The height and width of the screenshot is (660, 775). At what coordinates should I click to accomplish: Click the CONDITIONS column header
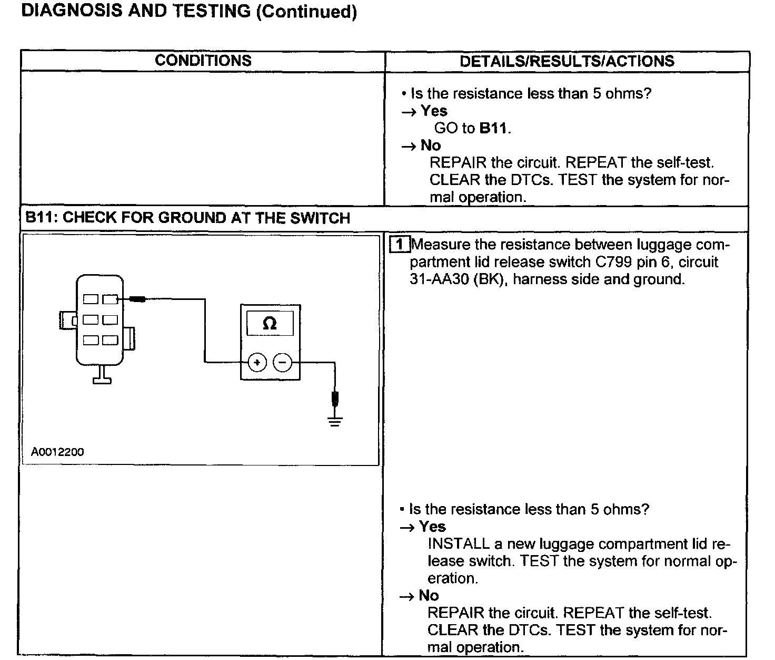click(203, 61)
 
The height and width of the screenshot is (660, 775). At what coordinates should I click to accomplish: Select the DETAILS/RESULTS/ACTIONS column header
click(567, 61)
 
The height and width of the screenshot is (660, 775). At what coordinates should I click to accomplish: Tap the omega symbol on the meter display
click(270, 323)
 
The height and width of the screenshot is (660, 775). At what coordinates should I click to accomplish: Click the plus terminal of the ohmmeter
click(257, 362)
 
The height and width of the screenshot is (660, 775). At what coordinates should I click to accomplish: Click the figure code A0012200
click(57, 452)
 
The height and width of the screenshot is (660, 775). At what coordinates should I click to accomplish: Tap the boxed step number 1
click(400, 245)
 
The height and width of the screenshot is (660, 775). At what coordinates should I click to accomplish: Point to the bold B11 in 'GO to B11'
click(493, 128)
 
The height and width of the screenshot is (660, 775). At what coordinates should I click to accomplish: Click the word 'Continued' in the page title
click(306, 11)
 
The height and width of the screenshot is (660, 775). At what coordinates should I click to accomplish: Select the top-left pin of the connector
click(91, 299)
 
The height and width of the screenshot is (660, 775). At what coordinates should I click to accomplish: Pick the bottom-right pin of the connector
click(110, 340)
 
